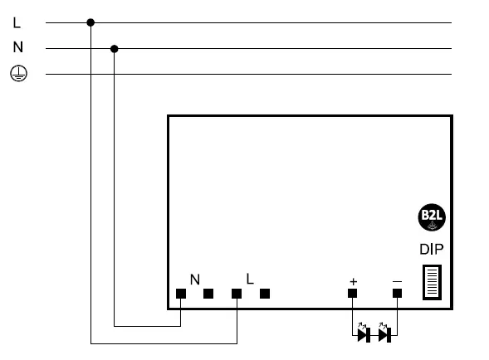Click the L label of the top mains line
pyautogui.click(x=17, y=22)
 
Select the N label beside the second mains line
pyautogui.click(x=17, y=48)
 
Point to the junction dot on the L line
pyautogui.click(x=90, y=22)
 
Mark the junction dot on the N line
pyautogui.click(x=115, y=48)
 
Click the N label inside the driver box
pyautogui.click(x=195, y=280)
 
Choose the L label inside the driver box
pyautogui.click(x=250, y=280)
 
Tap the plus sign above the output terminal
pyautogui.click(x=353, y=282)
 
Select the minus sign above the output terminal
pyautogui.click(x=397, y=282)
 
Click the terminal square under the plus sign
pyautogui.click(x=353, y=294)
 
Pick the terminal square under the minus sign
pyautogui.click(x=397, y=294)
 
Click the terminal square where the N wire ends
pyautogui.click(x=181, y=294)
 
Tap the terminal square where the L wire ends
pyautogui.click(x=237, y=294)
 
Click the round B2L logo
pyautogui.click(x=432, y=217)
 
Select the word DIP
pyautogui.click(x=432, y=248)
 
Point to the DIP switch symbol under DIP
pyautogui.click(x=433, y=283)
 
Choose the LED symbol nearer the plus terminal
pyautogui.click(x=363, y=334)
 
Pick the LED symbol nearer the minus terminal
pyautogui.click(x=384, y=334)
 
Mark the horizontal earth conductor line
pyautogui.click(x=249, y=75)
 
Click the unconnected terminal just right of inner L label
pyautogui.click(x=265, y=294)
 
